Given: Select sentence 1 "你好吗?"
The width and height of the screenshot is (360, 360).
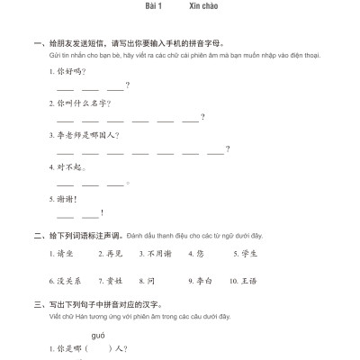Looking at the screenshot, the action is [68, 70].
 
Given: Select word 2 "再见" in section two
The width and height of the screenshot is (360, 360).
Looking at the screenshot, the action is [114, 255].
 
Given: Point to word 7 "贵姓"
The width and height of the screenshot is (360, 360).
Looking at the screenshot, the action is [114, 280].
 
